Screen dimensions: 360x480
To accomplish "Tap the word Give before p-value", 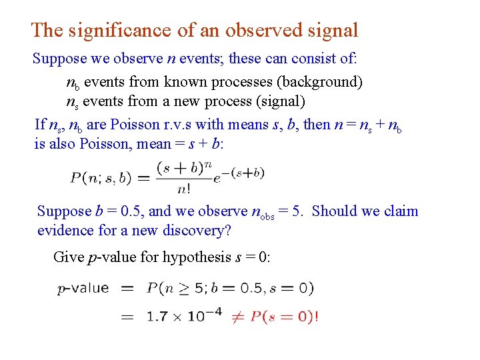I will (x=69, y=257).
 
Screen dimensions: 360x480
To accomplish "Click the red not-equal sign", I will (x=237, y=316).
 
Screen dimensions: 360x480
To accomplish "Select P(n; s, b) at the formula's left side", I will (x=101, y=178).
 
